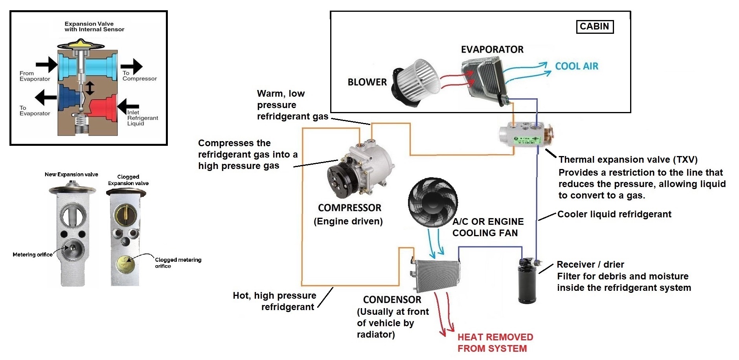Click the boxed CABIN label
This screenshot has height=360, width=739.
(594, 27)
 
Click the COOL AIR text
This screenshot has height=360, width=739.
(576, 66)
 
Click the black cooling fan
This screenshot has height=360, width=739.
(432, 202)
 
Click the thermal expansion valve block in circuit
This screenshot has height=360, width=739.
(525, 135)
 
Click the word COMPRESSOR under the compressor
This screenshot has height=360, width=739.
(349, 208)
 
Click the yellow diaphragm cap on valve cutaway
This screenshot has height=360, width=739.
(81, 44)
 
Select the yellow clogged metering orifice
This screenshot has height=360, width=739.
(125, 264)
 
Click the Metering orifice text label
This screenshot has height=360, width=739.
(32, 255)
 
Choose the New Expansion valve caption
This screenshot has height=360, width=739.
(71, 174)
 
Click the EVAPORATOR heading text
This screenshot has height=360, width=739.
(492, 50)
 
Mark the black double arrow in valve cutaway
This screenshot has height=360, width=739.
(90, 88)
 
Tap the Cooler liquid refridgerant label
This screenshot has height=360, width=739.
(614, 215)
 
